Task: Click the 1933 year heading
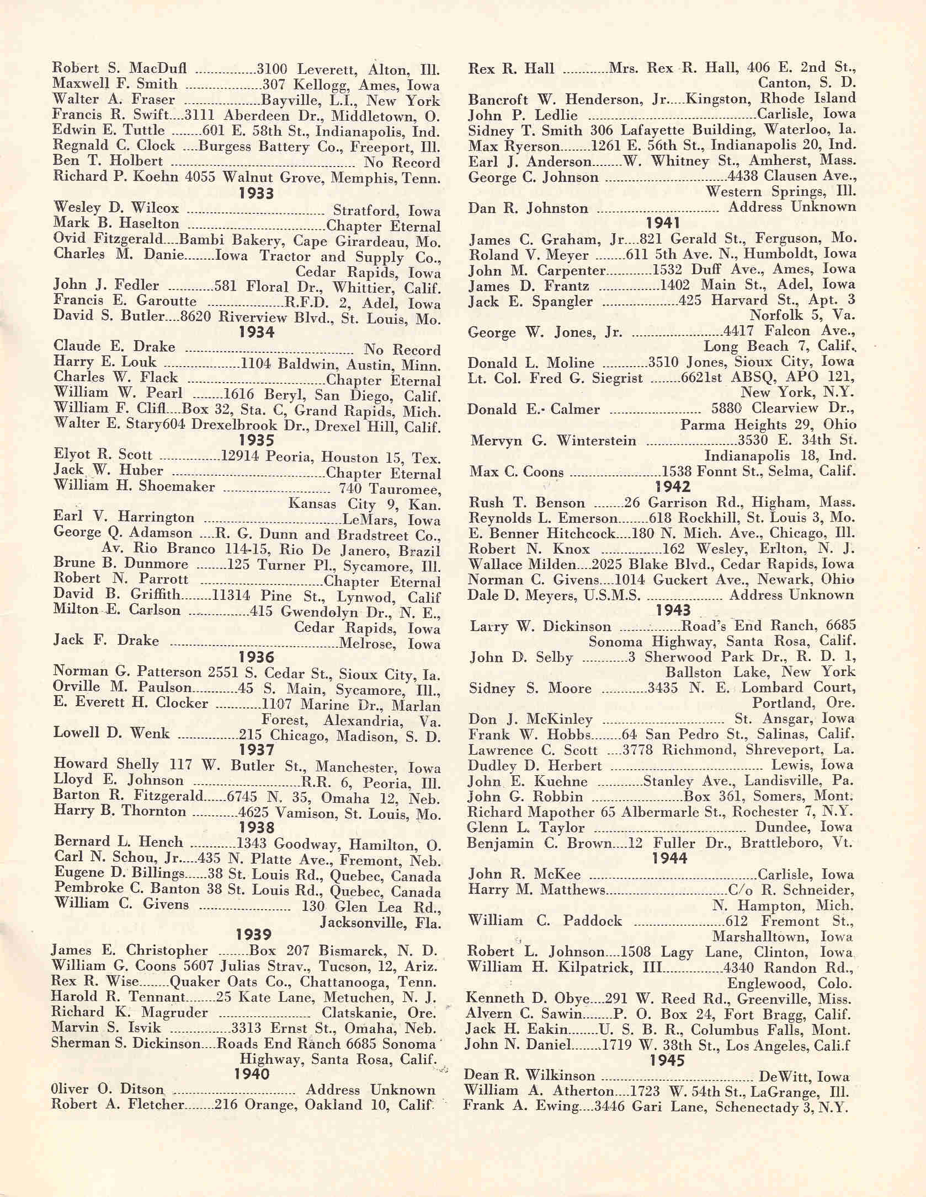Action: pos(257,194)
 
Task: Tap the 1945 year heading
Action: pos(667,1060)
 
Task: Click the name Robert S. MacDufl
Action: pos(119,68)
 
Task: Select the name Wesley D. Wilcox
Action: pos(116,208)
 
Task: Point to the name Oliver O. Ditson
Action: pos(108,1089)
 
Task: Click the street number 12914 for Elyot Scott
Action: pos(240,457)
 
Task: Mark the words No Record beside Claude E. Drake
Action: pos(401,350)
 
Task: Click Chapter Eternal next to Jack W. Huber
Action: pos(383,473)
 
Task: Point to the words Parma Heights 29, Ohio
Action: pos(768,425)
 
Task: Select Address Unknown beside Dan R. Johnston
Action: pos(791,207)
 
